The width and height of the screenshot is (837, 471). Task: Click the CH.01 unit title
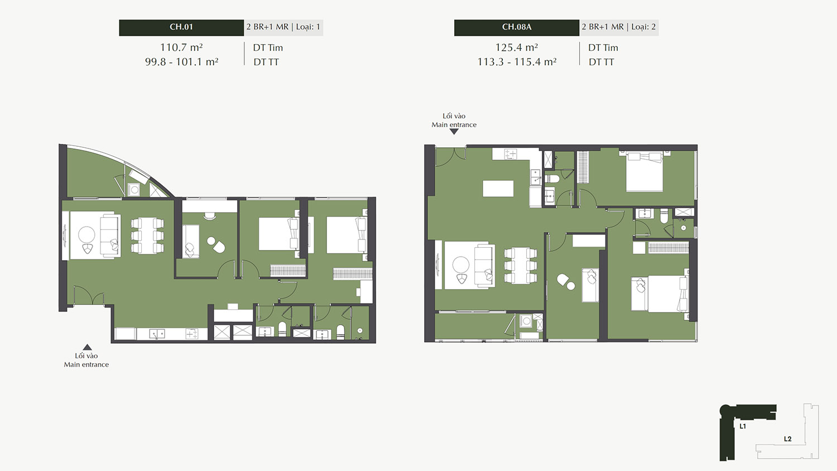[181, 27]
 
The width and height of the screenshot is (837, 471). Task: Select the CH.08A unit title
[516, 27]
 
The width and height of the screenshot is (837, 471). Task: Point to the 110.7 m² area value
[181, 47]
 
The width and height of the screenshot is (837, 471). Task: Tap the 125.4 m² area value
[516, 47]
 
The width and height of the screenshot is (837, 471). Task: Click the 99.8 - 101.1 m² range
[181, 62]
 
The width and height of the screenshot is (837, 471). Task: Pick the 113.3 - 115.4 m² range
[517, 62]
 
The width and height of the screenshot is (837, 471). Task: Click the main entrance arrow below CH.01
[87, 347]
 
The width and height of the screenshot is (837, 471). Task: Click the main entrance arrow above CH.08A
[454, 132]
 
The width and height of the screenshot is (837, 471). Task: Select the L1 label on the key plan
[743, 426]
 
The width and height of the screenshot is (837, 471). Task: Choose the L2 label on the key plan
[788, 439]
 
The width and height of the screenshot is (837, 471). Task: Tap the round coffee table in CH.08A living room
[461, 265]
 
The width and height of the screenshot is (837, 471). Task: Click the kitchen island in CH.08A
[498, 189]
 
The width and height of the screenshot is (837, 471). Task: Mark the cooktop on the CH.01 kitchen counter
[192, 333]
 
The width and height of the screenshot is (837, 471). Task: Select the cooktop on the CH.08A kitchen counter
[511, 153]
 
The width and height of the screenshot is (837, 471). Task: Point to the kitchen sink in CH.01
[157, 333]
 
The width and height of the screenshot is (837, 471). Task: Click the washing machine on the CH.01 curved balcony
[134, 190]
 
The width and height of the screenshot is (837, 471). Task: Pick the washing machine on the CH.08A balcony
[526, 321]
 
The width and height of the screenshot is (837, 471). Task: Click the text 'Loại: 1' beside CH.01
[308, 27]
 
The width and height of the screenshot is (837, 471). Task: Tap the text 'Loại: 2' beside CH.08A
[643, 27]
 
